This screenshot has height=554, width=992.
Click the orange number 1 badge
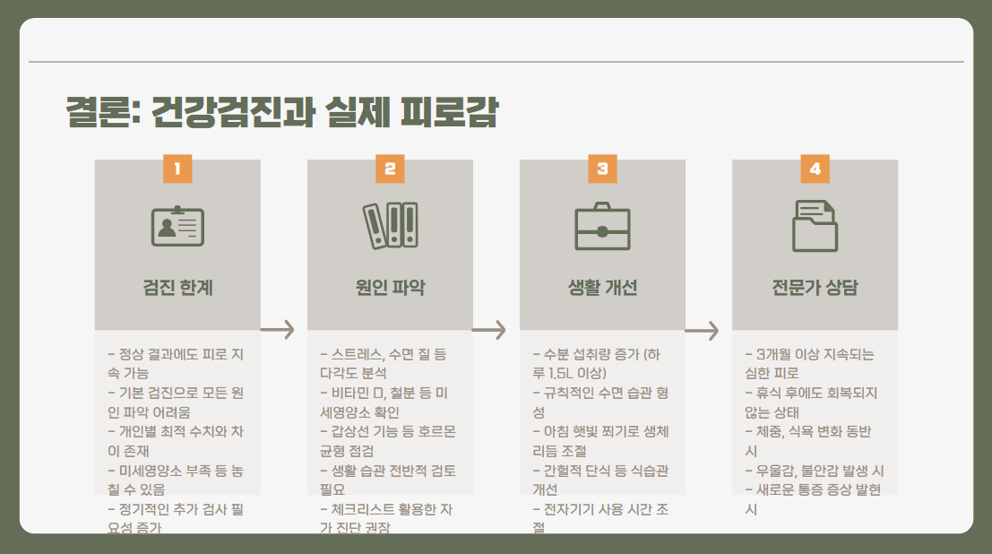point(177,169)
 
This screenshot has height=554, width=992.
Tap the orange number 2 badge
point(390,169)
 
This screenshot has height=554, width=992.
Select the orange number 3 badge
point(602,169)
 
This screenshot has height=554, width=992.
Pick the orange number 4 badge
point(815,169)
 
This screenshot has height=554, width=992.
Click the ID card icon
point(177,226)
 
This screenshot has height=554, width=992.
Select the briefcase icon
point(602,226)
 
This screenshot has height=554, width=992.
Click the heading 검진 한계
point(177,288)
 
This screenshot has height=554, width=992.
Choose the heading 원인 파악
point(390,288)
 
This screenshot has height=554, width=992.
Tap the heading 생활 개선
point(602,288)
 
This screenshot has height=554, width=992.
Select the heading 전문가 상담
point(815,288)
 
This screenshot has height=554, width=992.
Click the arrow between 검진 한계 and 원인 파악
point(278,330)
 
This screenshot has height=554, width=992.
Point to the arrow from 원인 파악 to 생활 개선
point(490,330)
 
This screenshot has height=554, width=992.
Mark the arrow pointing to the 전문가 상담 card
point(703,331)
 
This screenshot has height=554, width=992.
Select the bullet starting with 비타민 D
point(386,402)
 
